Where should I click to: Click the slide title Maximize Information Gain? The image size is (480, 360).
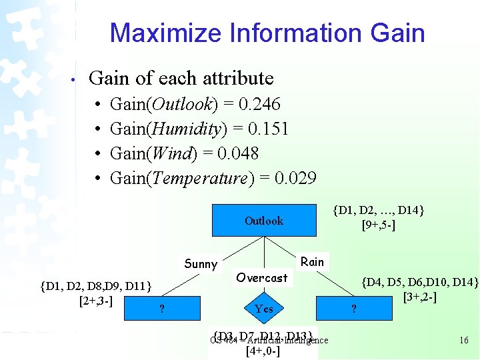pyautogui.click(x=267, y=33)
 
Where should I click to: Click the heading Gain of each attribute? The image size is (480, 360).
pyautogui.click(x=181, y=78)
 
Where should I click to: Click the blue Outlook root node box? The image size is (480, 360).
pyautogui.click(x=263, y=221)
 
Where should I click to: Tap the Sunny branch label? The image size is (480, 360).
pyautogui.click(x=201, y=264)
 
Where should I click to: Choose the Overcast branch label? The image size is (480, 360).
pyautogui.click(x=262, y=278)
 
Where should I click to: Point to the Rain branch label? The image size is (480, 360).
pyautogui.click(x=312, y=262)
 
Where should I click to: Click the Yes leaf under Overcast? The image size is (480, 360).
pyautogui.click(x=263, y=308)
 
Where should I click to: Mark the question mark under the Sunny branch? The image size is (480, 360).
pyautogui.click(x=161, y=308)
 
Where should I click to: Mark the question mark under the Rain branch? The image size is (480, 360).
pyautogui.click(x=354, y=308)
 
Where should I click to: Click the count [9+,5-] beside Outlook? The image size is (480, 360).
pyautogui.click(x=378, y=225)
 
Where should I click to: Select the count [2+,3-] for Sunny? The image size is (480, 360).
pyautogui.click(x=95, y=301)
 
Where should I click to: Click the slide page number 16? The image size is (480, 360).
pyautogui.click(x=464, y=341)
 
